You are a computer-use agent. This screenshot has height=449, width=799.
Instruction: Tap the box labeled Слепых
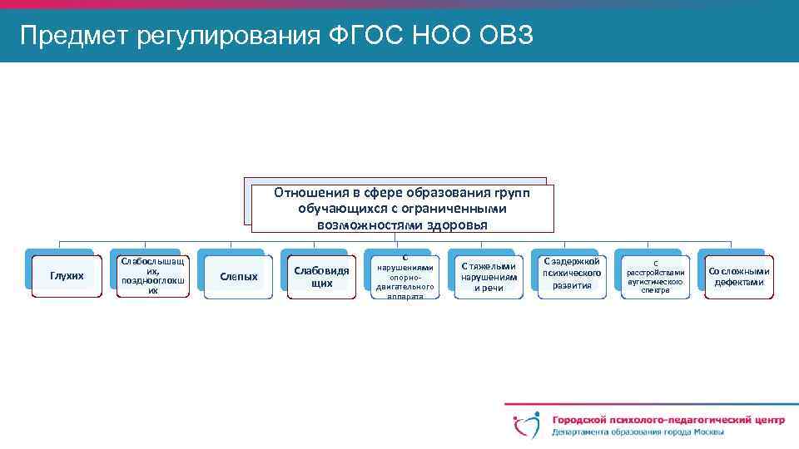[238, 276]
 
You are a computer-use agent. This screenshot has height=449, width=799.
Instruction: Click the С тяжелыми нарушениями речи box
[489, 276]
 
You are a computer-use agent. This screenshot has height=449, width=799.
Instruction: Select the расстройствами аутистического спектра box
[655, 276]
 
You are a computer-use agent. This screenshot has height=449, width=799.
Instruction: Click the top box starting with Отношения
[402, 208]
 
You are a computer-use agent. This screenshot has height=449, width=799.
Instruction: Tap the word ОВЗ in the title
[511, 37]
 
